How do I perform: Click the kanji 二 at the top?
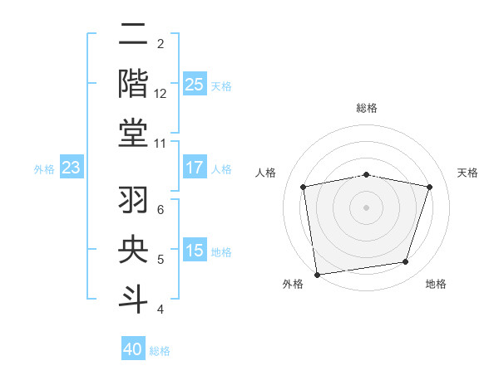pos(134,35)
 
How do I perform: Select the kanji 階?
pos(134,84)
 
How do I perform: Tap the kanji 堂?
pos(134,134)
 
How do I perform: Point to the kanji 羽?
pos(134,200)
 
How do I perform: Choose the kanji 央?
pos(134,251)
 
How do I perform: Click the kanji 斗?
pos(134,300)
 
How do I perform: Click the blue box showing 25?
pos(194,84)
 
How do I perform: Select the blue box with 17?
pos(194,168)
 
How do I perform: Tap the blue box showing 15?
pos(194,251)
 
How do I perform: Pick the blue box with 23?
pos(72,168)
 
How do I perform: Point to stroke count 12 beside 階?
pos(161,94)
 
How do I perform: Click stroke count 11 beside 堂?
pos(161,144)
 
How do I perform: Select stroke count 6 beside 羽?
pos(161,210)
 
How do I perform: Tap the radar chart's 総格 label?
pos(367,108)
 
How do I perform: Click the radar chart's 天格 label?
pos(468,173)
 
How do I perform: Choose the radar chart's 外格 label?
pos(293,284)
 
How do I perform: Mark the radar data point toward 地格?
pos(406,262)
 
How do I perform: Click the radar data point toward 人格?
pos(304,188)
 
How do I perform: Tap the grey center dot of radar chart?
pos(367,207)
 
